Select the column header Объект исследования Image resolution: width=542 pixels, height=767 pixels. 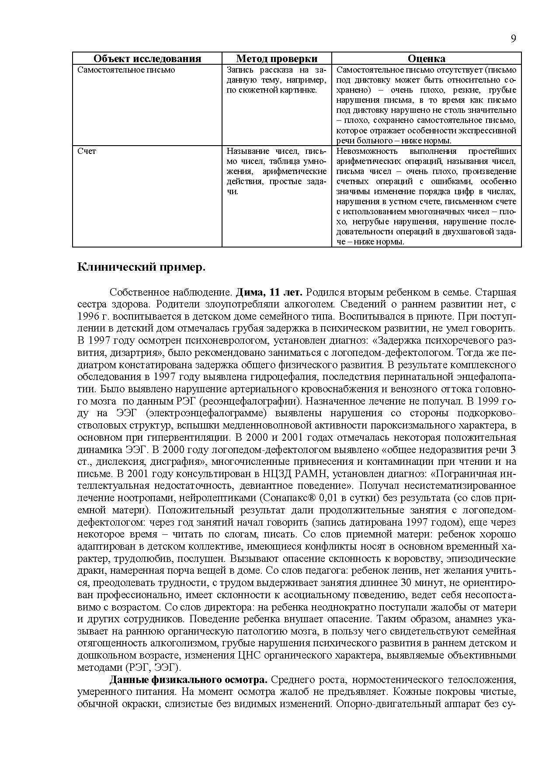(147, 59)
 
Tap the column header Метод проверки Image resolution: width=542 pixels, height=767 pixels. (277, 59)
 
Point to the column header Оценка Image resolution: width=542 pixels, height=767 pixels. (426, 59)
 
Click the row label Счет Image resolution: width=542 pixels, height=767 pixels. (87, 151)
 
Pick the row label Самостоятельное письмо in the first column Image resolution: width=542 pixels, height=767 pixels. (126, 70)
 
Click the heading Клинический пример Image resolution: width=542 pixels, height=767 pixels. (141, 267)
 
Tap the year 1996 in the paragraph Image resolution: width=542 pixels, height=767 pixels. (89, 316)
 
